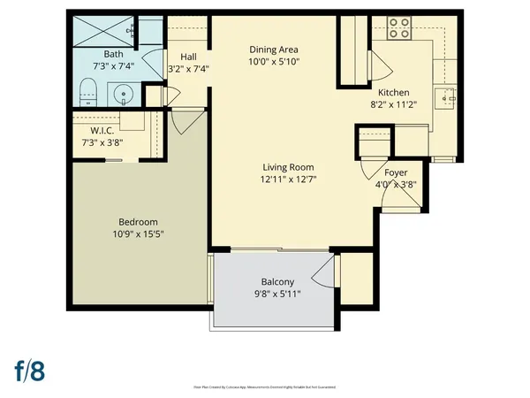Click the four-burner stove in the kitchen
(x=399, y=29)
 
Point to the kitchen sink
(x=443, y=96)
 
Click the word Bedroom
(x=139, y=221)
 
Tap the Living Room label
(x=288, y=167)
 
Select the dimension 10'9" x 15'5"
(x=139, y=234)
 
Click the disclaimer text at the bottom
(x=265, y=387)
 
